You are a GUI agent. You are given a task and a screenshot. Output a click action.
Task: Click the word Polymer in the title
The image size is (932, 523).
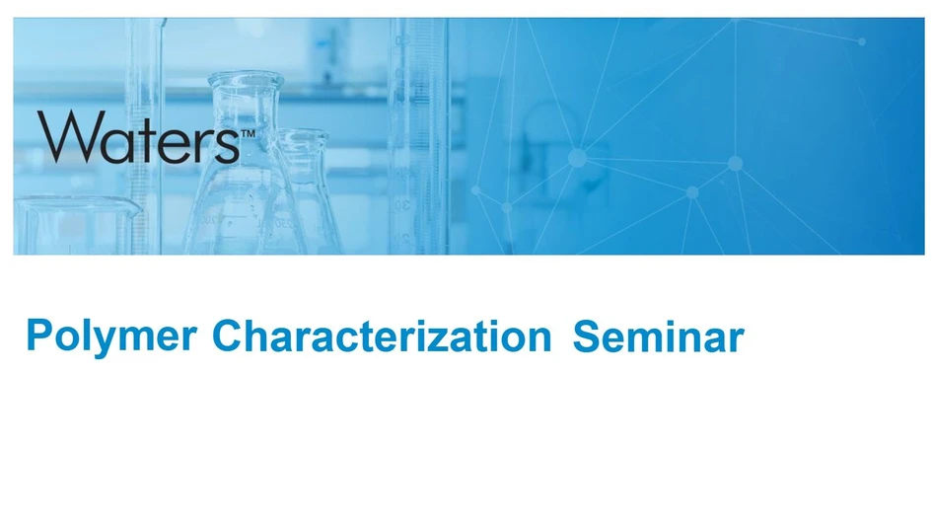pyautogui.click(x=110, y=336)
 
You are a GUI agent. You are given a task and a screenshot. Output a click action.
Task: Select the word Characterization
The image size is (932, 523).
pyautogui.click(x=381, y=336)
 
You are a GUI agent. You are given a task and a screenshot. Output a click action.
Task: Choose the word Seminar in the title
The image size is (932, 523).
pyautogui.click(x=658, y=336)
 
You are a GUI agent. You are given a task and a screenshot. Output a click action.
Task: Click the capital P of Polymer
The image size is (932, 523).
pyautogui.click(x=37, y=336)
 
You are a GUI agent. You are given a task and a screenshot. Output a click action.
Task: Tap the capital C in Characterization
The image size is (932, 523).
pyautogui.click(x=226, y=336)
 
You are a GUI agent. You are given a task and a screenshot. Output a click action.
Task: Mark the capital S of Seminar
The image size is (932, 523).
pyautogui.click(x=586, y=336)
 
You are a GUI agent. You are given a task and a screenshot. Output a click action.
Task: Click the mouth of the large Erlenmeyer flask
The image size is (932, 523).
pyautogui.click(x=246, y=80)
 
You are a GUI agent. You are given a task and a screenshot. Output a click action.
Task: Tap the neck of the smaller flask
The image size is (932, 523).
pyautogui.click(x=302, y=148)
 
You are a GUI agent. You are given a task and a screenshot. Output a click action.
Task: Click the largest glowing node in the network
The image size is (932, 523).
pyautogui.click(x=577, y=158)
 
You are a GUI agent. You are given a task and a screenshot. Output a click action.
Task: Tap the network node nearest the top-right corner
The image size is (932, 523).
pyautogui.click(x=861, y=41)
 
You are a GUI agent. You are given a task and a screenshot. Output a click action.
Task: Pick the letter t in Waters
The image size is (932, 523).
pyautogui.click(x=143, y=139)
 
